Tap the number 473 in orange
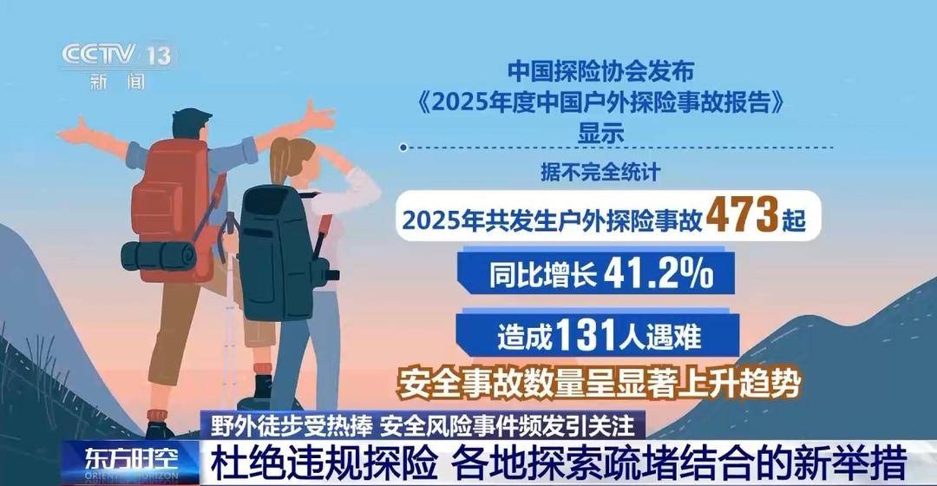742,215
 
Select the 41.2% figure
659,273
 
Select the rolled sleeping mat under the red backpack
159,256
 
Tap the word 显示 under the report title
600,133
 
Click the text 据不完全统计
600,172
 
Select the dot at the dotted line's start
403,148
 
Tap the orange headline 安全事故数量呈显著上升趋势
599,384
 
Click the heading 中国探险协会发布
600,71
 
